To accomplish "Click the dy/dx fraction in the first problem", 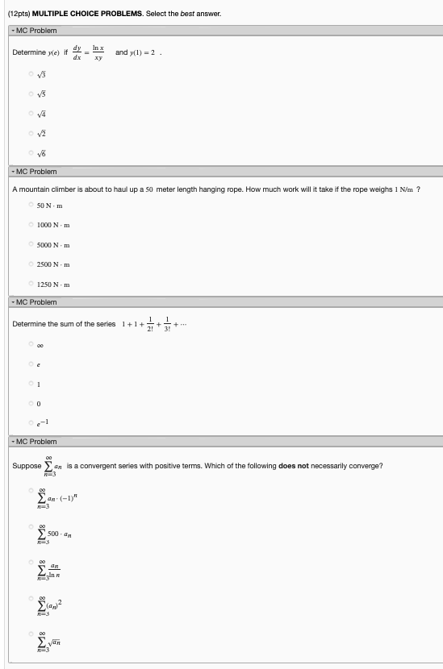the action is click(77, 52).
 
